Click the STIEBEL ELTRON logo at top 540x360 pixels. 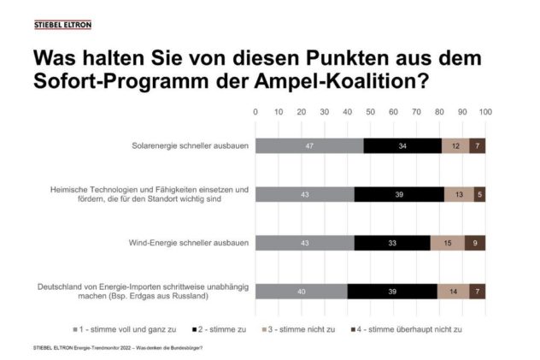pos(62,26)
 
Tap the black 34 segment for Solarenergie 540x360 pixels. pos(402,146)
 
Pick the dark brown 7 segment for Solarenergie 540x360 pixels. pos(478,146)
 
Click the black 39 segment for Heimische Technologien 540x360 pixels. pos(399,194)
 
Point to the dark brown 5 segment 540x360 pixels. pos(480,194)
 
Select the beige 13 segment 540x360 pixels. pos(459,194)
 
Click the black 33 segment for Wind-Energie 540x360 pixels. pos(392,243)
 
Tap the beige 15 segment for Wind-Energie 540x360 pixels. pos(448,243)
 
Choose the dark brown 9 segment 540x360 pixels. pos(475,243)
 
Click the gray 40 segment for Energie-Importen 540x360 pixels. pos(302,291)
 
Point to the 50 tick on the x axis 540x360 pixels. pos(370,112)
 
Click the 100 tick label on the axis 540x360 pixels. pos(485,112)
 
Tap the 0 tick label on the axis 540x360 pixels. pos(255,112)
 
